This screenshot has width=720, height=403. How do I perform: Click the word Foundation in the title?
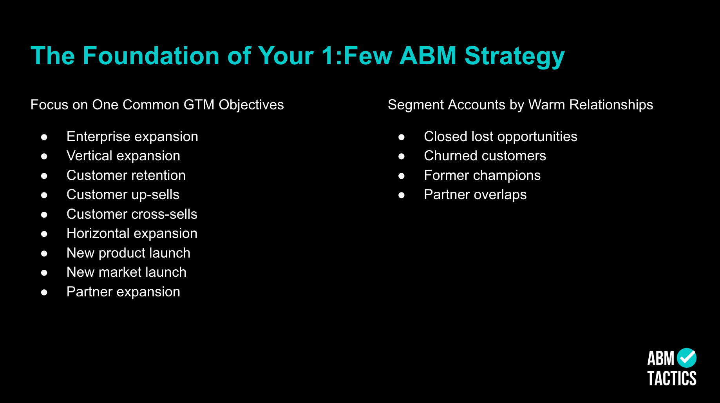(151, 56)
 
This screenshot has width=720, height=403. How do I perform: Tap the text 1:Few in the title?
(357, 56)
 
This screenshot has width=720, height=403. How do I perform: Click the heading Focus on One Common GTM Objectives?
(157, 105)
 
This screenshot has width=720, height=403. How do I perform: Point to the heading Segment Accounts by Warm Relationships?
(520, 105)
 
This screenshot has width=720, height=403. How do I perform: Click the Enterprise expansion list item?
(132, 137)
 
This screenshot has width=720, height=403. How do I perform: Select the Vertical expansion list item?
(123, 156)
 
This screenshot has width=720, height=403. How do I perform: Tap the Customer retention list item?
(126, 175)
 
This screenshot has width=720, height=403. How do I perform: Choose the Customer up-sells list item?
(123, 195)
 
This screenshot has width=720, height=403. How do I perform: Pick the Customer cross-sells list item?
(132, 214)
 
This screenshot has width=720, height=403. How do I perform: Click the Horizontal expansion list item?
(132, 234)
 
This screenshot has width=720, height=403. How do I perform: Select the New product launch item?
(128, 253)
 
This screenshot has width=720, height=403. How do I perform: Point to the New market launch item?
(127, 272)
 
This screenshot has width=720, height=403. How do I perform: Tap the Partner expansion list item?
(123, 292)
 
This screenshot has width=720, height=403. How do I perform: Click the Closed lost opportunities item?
(501, 137)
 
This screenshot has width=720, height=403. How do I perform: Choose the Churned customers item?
(485, 156)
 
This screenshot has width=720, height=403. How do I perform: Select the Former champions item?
(482, 176)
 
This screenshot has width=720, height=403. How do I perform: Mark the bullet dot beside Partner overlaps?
(402, 195)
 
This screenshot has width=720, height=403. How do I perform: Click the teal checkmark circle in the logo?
(687, 358)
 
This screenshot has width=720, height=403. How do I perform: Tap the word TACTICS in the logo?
(672, 379)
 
